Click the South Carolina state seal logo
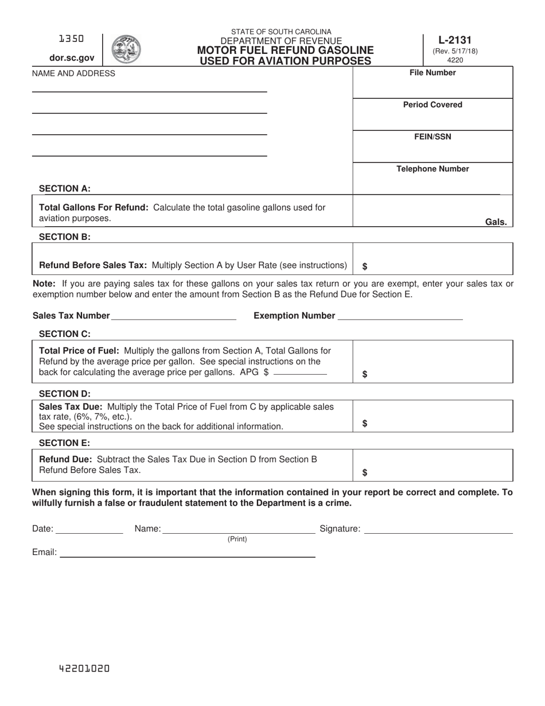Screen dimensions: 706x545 coord(126,49)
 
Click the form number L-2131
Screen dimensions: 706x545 coord(454,40)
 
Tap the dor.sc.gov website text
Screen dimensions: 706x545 coord(72,57)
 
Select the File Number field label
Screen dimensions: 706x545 coord(433,73)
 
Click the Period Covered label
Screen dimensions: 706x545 coord(433,105)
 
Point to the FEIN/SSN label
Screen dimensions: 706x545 coord(433,137)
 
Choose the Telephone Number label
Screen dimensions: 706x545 coord(433,169)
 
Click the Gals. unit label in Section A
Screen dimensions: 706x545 coord(496,222)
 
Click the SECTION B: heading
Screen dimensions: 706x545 coord(64,236)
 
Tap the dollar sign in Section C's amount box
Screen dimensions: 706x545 coord(365,374)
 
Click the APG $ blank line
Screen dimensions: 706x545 coord(300,373)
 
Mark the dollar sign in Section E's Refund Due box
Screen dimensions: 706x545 coord(365,473)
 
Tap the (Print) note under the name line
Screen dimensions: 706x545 coord(238,540)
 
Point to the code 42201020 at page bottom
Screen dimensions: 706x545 coord(84,669)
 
